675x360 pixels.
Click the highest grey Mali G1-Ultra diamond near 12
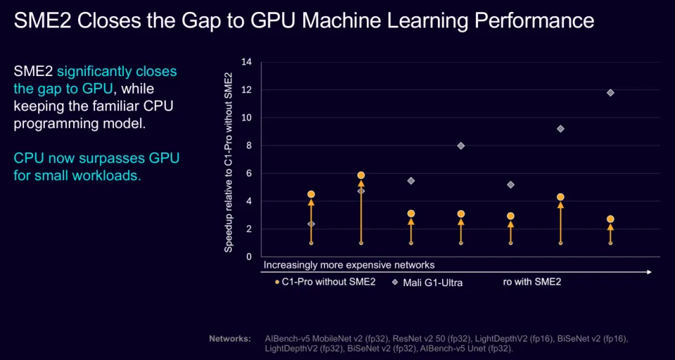(610, 93)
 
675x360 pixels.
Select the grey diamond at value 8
(461, 146)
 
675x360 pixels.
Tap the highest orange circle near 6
(361, 175)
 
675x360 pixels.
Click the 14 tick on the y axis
(246, 62)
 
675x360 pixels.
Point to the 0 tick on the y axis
(249, 257)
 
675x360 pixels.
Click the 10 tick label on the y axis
(246, 117)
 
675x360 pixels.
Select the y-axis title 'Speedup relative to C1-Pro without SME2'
(229, 159)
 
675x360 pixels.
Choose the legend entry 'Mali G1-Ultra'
(432, 283)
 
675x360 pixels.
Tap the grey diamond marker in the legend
(395, 282)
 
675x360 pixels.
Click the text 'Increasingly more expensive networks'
(349, 265)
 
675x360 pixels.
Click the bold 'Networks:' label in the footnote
(230, 339)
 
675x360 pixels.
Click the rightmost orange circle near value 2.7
(610, 219)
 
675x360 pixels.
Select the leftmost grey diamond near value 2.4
(311, 224)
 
